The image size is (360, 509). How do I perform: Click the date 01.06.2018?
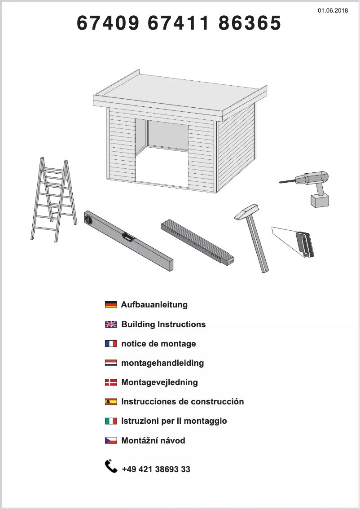(x=333, y=10)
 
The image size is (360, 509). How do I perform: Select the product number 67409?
(x=108, y=23)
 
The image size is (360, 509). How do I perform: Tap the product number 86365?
(x=250, y=23)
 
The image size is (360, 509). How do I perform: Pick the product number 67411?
(x=179, y=23)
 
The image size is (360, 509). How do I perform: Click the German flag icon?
(x=110, y=305)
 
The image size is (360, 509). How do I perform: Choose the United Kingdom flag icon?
(x=110, y=324)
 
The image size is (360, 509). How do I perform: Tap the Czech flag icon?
(x=110, y=440)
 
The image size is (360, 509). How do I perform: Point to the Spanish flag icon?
(x=110, y=402)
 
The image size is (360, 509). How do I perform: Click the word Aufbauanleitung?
(x=154, y=305)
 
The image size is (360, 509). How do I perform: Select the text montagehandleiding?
(x=162, y=363)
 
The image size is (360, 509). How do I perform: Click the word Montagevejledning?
(x=159, y=382)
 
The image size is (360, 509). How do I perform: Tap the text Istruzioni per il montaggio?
(x=174, y=421)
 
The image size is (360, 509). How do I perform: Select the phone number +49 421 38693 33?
(x=156, y=470)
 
